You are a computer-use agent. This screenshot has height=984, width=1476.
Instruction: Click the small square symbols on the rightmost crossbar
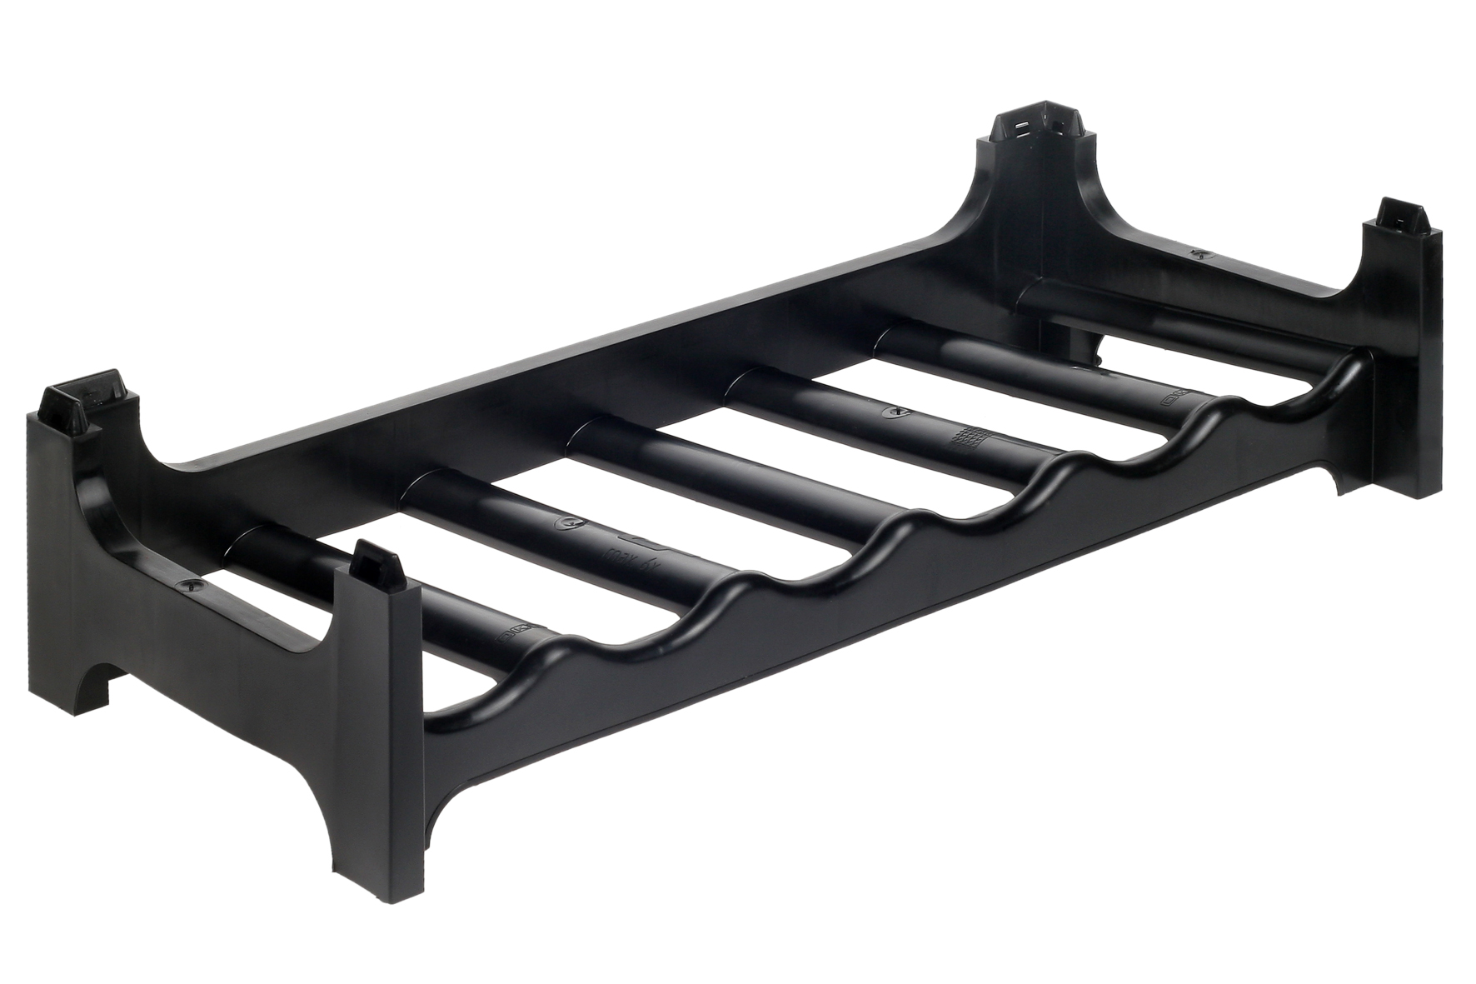(x=1177, y=399)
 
